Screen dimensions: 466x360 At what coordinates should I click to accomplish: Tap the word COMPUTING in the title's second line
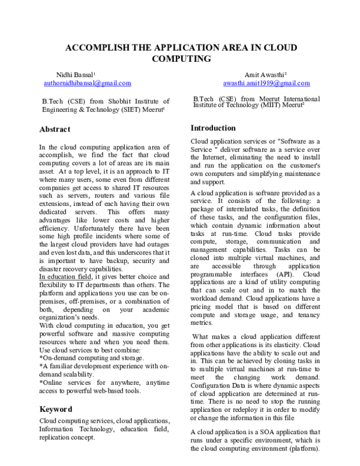pos(179,59)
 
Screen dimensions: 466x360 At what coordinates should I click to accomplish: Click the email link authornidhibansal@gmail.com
pos(88,83)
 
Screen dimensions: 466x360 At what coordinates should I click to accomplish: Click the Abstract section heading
pos(55,129)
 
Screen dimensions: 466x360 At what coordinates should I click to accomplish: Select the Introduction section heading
pos(213,128)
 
